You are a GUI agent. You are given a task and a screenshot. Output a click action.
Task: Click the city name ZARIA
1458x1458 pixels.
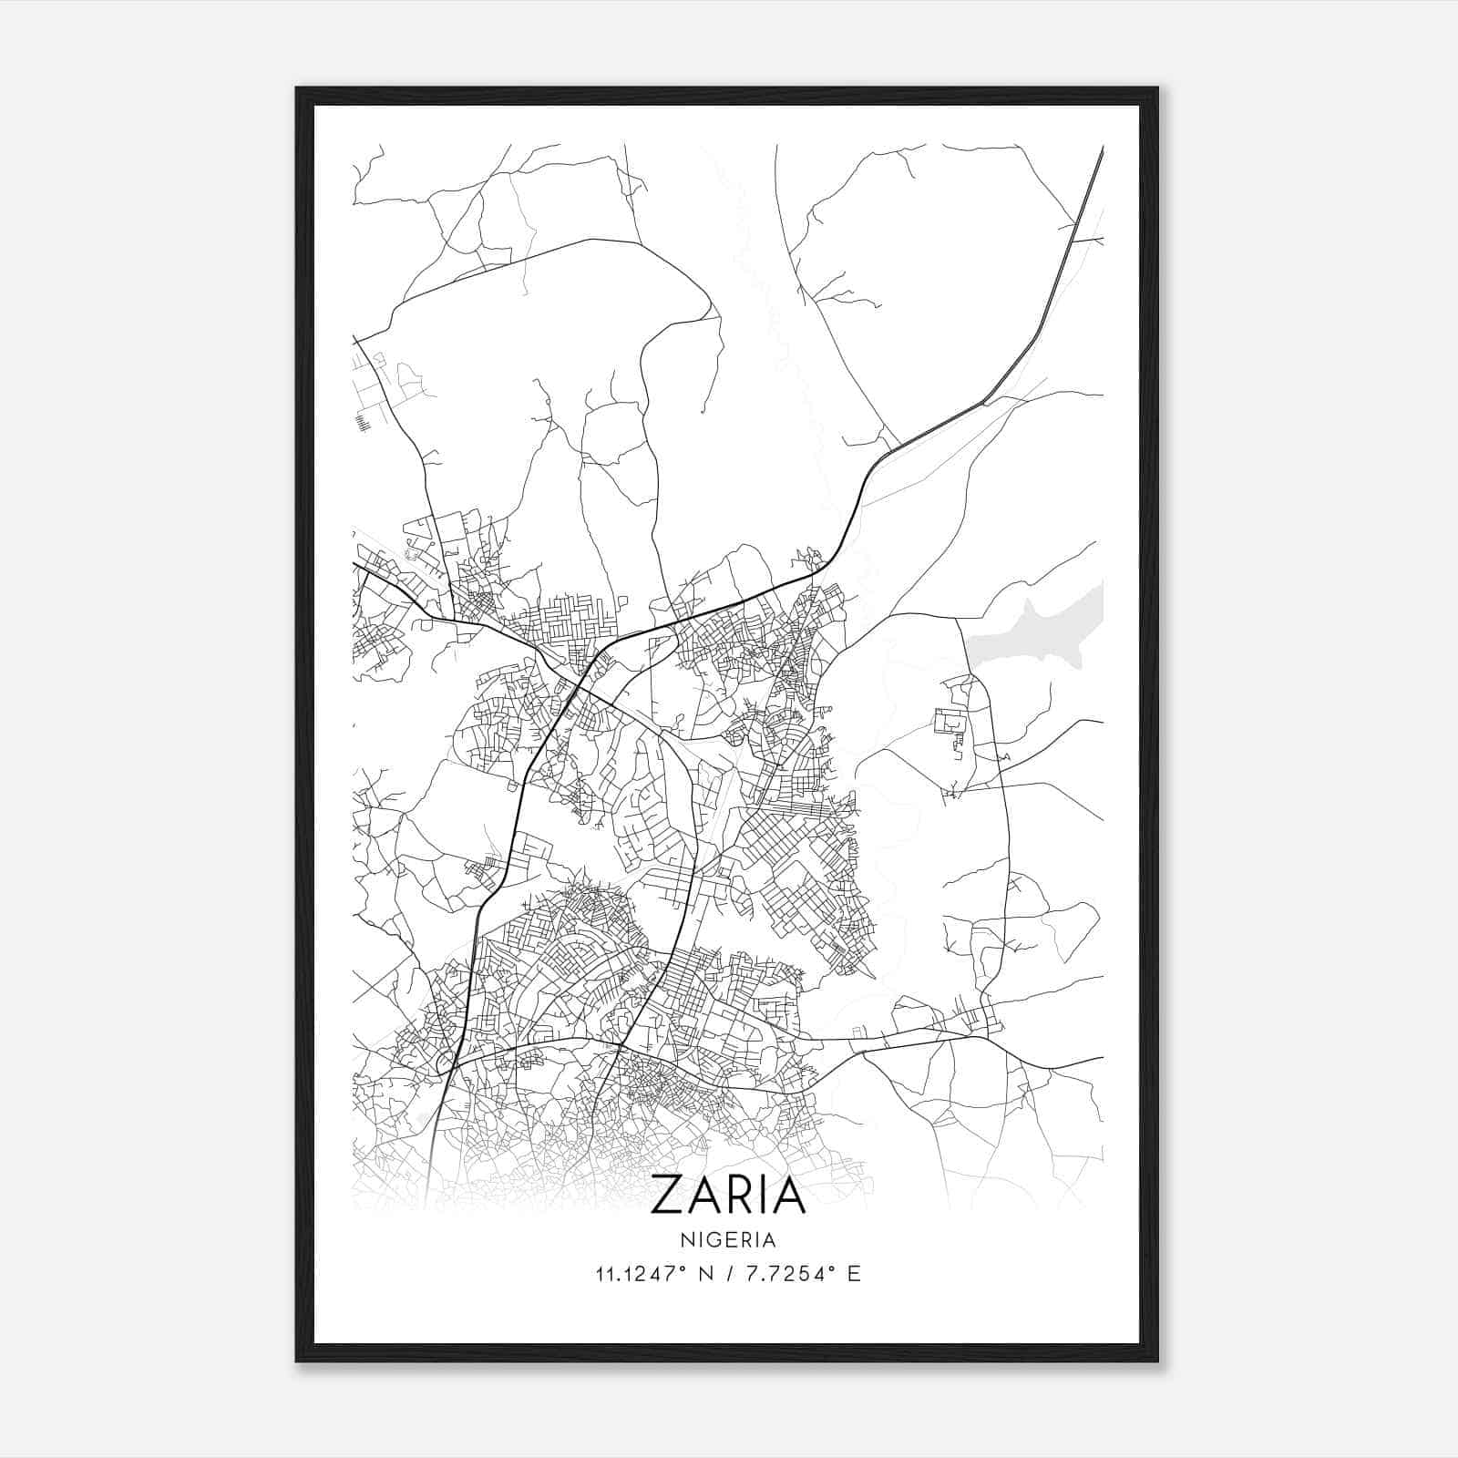pyautogui.click(x=728, y=1196)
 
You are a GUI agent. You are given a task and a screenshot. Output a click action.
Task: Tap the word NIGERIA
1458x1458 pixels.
pyautogui.click(x=728, y=1240)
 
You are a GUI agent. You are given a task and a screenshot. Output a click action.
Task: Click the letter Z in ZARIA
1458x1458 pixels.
pyautogui.click(x=666, y=1196)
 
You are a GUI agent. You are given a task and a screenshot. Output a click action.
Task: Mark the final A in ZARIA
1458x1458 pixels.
pyautogui.click(x=790, y=1196)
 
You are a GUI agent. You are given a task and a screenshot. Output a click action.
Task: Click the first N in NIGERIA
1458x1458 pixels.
pyautogui.click(x=685, y=1240)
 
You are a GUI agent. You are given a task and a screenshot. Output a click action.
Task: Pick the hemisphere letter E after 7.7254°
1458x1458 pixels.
pyautogui.click(x=855, y=1274)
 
